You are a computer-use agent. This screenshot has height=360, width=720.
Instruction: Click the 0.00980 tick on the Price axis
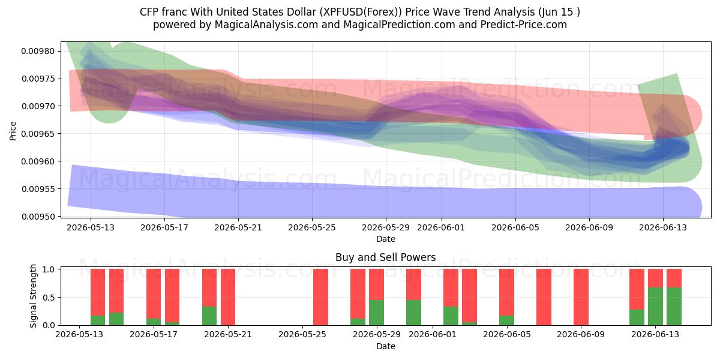[38, 51]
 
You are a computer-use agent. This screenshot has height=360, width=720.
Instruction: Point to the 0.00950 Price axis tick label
[38, 217]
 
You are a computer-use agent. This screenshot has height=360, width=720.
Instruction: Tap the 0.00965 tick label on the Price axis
[38, 134]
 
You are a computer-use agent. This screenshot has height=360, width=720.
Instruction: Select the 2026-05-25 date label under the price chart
[312, 227]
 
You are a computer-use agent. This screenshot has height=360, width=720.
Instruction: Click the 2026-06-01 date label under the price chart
[441, 227]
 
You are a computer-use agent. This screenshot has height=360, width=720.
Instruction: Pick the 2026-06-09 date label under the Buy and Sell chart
[581, 334]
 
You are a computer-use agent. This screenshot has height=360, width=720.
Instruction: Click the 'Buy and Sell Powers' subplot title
[386, 257]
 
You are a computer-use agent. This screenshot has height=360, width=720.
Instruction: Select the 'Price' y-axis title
[13, 131]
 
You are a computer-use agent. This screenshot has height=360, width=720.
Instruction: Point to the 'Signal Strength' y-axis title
[33, 296]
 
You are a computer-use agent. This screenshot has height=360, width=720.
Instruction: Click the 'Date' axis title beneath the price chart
[386, 239]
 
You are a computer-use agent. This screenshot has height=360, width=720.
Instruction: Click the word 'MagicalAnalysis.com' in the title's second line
[266, 25]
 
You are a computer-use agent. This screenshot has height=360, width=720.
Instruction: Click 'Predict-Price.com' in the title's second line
[524, 25]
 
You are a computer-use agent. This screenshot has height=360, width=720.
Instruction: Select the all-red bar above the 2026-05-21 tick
[228, 297]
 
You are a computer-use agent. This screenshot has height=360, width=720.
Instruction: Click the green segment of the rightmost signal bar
[674, 307]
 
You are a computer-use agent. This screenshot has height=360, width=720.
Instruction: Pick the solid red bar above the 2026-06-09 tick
[581, 297]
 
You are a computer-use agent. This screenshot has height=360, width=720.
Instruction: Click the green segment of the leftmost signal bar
[98, 320]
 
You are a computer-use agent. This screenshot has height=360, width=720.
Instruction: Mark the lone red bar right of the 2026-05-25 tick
[321, 297]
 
